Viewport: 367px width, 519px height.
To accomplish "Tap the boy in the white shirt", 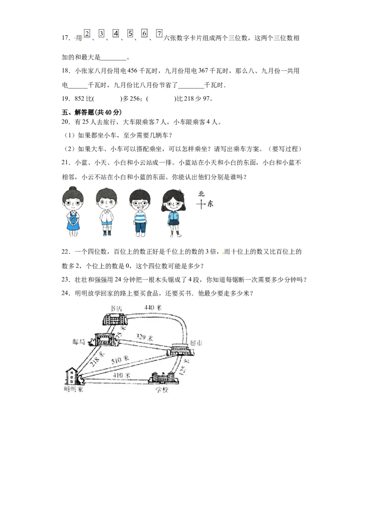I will pyautogui.click(x=106, y=212).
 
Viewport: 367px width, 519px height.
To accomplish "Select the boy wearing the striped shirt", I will pyautogui.click(x=139, y=213).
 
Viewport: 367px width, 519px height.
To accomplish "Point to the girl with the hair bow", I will pyautogui.click(x=173, y=212).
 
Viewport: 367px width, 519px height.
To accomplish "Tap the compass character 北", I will pyautogui.click(x=200, y=193).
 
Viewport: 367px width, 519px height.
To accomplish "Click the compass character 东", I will pyautogui.click(x=210, y=204).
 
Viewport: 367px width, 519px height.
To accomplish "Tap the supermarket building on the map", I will pyautogui.click(x=183, y=349).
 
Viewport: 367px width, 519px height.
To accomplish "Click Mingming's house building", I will pyautogui.click(x=72, y=376).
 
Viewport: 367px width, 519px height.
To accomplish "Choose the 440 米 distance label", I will pyautogui.click(x=153, y=307).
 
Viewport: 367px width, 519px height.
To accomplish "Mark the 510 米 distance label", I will pyautogui.click(x=120, y=359).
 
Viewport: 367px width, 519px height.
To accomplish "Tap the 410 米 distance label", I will pyautogui.click(x=122, y=375).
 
